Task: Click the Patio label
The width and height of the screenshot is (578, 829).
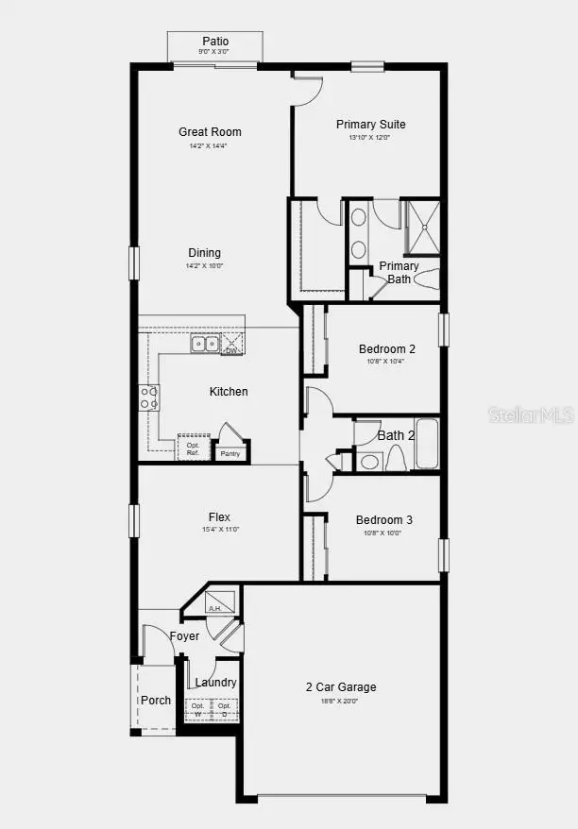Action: (215, 42)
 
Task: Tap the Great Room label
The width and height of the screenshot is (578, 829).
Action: (210, 132)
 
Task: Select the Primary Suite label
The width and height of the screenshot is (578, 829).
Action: (371, 125)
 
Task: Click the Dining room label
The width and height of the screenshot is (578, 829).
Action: (205, 253)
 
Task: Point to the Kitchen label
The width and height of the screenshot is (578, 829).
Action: (229, 392)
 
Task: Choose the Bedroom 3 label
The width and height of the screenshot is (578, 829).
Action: (383, 520)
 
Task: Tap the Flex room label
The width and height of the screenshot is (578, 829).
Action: (219, 517)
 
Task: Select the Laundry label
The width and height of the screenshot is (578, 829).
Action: (216, 683)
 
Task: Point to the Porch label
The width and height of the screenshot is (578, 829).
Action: (156, 701)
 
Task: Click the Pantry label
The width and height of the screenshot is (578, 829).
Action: (230, 454)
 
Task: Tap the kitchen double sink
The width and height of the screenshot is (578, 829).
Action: (205, 344)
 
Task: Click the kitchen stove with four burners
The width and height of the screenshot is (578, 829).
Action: (149, 398)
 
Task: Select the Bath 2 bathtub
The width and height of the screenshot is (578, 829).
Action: (426, 446)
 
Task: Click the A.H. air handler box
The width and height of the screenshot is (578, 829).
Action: (220, 601)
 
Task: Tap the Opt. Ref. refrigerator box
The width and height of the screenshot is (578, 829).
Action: (193, 448)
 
